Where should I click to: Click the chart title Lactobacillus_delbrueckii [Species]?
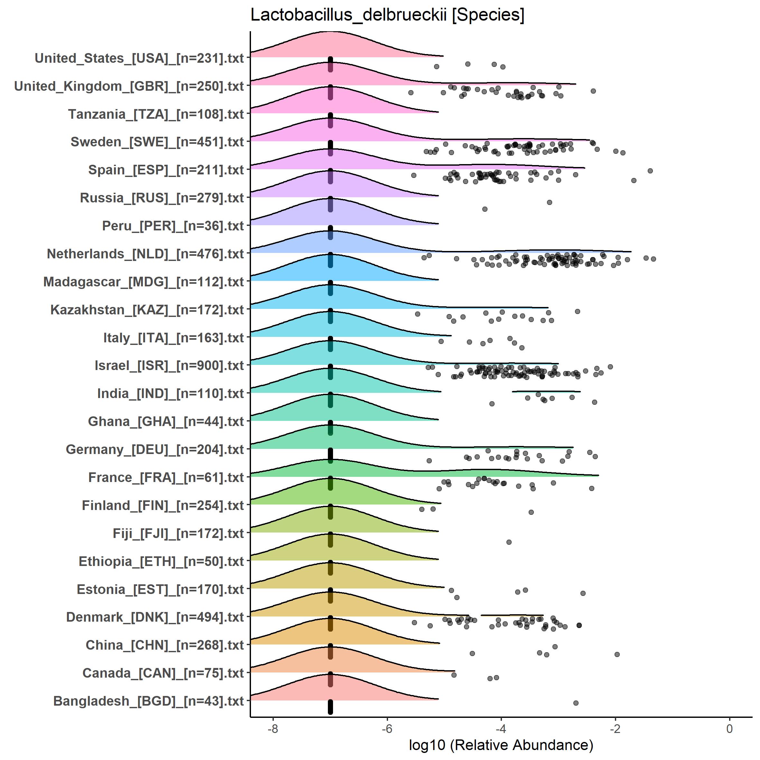click(387, 16)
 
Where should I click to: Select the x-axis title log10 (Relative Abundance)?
click(501, 745)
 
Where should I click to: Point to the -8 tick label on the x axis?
click(273, 728)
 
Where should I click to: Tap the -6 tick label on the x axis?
click(387, 728)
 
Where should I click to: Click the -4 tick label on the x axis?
click(501, 728)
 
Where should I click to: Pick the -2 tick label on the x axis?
click(615, 728)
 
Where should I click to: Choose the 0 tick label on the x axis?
click(729, 728)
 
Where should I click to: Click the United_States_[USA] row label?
click(139, 58)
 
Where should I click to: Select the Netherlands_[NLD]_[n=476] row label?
click(145, 254)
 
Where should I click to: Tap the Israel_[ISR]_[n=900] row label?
click(169, 366)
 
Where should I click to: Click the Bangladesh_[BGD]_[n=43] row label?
click(148, 701)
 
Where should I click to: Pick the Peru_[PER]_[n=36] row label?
click(173, 226)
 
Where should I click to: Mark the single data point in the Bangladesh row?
click(576, 703)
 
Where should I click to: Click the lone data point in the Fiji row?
click(509, 542)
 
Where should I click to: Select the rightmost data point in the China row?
click(617, 654)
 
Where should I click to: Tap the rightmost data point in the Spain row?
click(650, 171)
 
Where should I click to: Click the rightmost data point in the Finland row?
click(531, 512)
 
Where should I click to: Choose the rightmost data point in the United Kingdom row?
click(593, 91)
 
